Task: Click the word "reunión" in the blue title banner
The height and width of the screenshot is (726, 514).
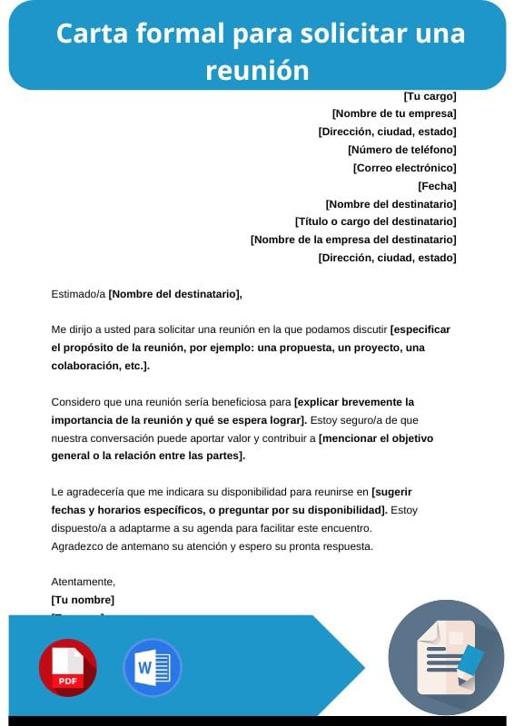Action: coord(257,70)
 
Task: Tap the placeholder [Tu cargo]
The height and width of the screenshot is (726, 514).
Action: coord(430,95)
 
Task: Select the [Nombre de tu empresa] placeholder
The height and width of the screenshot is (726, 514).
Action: coord(394,113)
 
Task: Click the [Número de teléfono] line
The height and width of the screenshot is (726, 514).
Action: coord(401,149)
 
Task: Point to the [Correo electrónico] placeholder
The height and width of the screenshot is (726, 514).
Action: coord(404,167)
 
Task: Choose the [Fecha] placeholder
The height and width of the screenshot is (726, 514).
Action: coord(437,185)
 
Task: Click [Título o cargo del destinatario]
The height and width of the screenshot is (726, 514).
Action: coord(375,221)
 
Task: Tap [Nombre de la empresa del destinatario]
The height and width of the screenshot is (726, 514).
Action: coord(353,239)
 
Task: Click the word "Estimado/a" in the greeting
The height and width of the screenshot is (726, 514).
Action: coord(78,293)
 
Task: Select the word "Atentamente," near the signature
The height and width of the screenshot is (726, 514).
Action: coord(84,582)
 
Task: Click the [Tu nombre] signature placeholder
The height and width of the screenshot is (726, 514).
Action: coord(83,600)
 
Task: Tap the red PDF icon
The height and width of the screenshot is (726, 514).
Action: coord(67,668)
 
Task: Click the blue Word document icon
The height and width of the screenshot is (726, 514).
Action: coord(152,668)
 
